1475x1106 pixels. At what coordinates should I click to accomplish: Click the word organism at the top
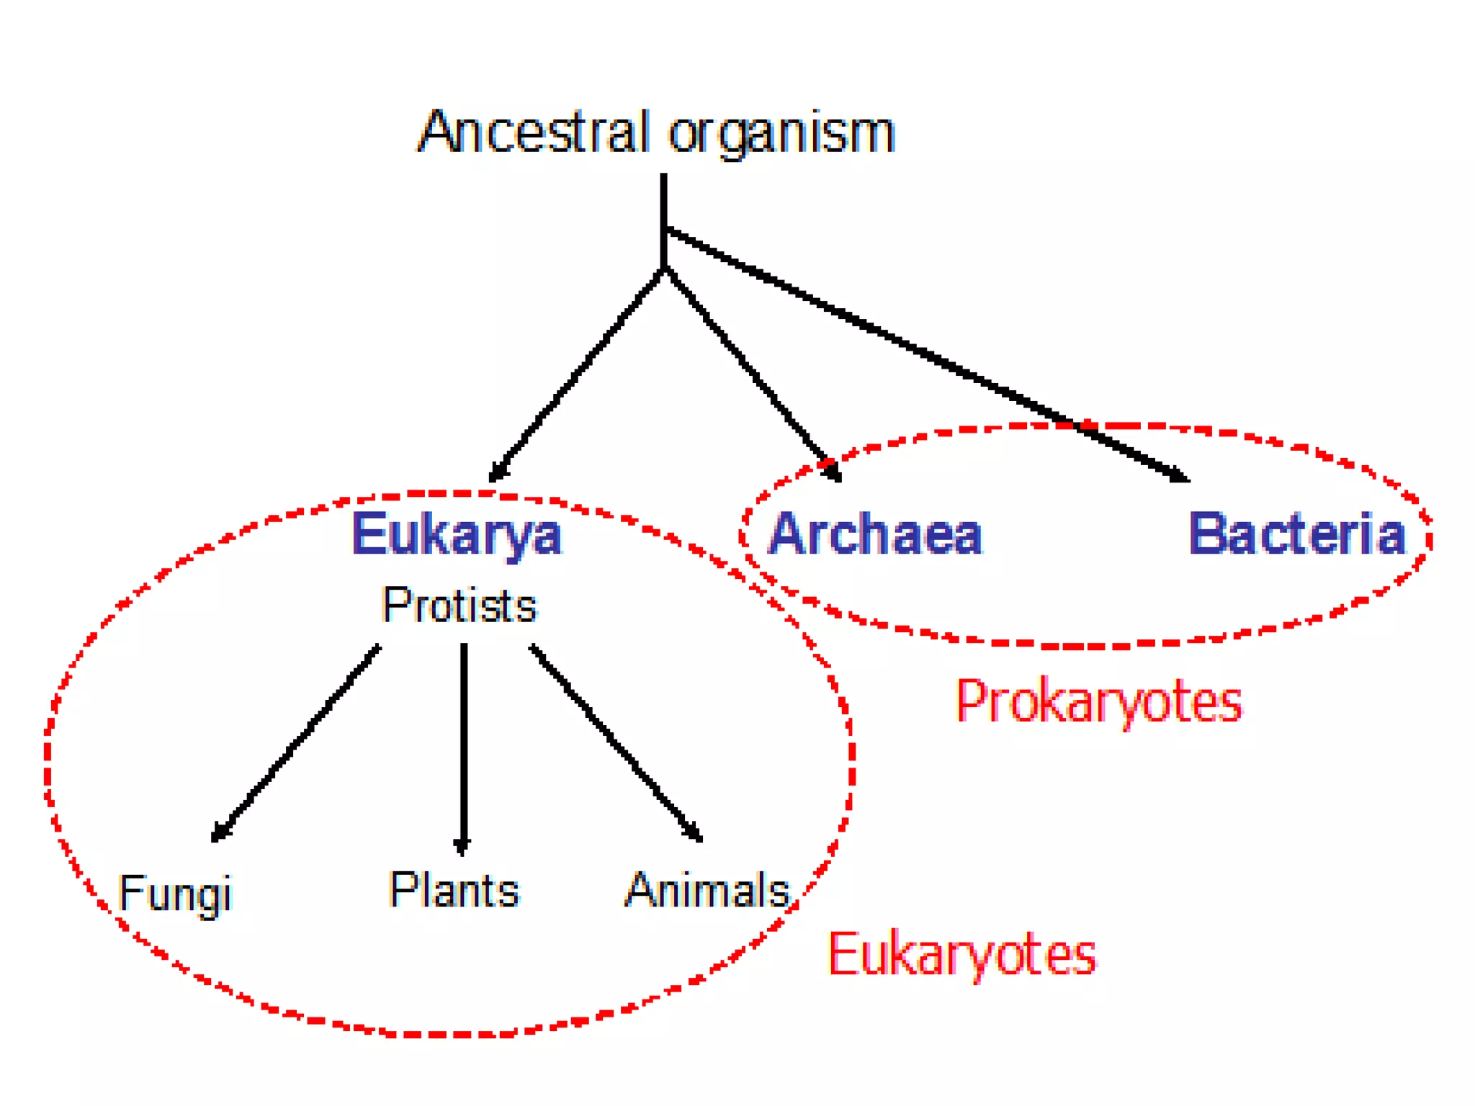[781, 135]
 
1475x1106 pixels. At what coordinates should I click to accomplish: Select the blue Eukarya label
[456, 534]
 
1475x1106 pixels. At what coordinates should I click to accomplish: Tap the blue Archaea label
[875, 534]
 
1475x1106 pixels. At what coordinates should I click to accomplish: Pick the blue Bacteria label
[1296, 534]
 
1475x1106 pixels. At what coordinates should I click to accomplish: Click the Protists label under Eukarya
[459, 605]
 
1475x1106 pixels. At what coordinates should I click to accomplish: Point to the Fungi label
[175, 894]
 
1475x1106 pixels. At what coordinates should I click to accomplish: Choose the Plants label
[454, 890]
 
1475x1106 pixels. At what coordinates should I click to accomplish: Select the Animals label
[707, 891]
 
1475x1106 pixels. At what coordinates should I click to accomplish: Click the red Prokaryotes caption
[1098, 701]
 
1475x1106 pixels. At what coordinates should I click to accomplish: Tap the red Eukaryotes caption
[961, 954]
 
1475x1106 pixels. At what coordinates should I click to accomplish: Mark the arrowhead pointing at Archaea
[833, 472]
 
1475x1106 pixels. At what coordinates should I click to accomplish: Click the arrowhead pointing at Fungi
[219, 832]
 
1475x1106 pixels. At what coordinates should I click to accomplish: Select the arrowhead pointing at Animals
[694, 832]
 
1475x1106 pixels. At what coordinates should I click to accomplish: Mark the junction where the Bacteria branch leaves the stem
[664, 229]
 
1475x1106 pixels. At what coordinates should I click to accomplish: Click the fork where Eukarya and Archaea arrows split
[664, 269]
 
